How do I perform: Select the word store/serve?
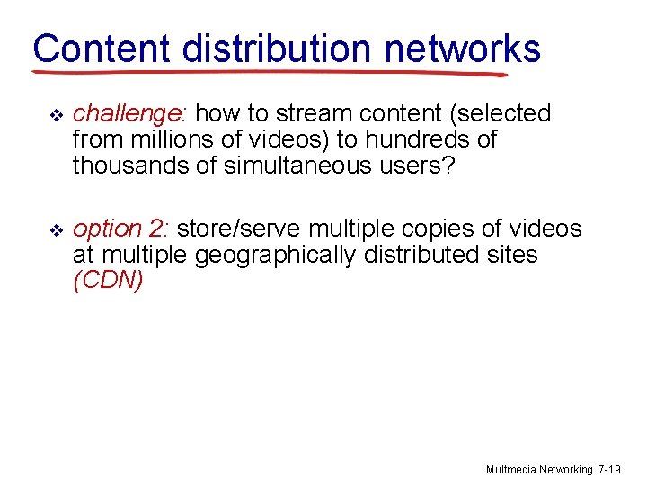(x=240, y=230)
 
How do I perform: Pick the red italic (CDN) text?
(x=108, y=282)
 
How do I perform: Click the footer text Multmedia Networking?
(x=539, y=469)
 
